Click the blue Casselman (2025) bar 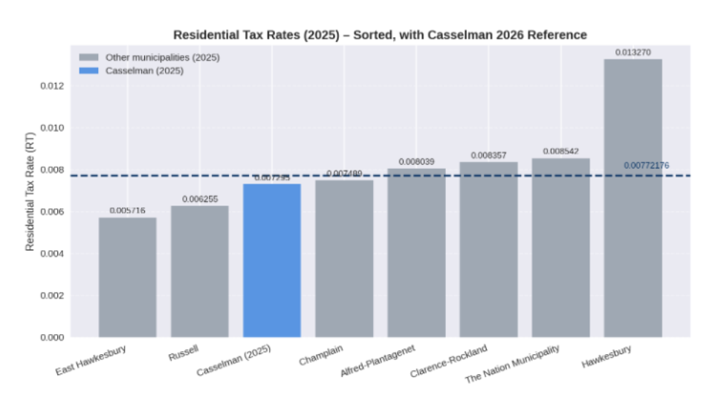pos(272,260)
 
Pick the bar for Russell pos(199,271)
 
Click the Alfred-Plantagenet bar pos(416,252)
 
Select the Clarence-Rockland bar pos(488,249)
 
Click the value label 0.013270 pos(633,53)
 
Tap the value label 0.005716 pos(127,211)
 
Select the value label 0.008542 pos(560,151)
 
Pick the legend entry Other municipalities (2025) pos(162,57)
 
